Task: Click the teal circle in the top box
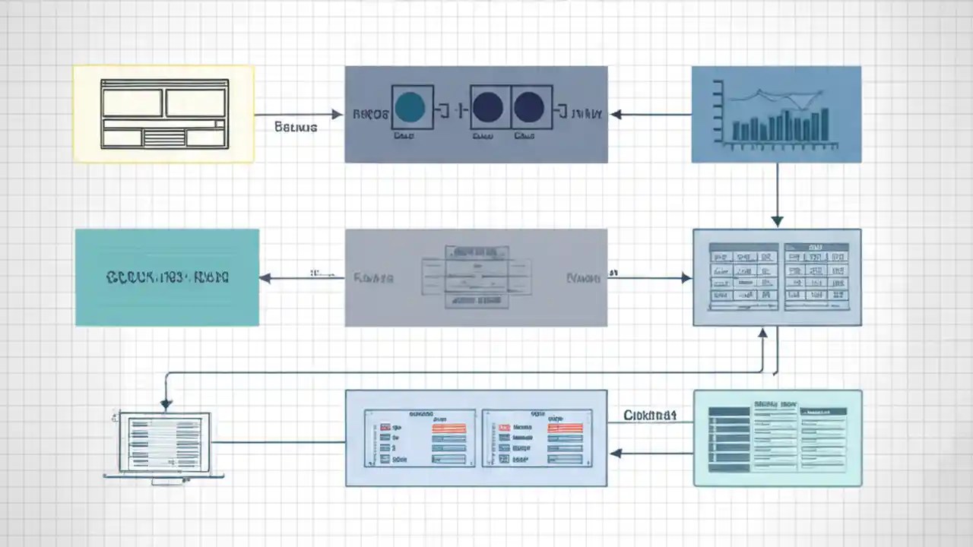click(410, 107)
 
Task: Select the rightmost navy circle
click(528, 107)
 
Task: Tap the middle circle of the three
click(487, 107)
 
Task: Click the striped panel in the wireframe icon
click(164, 138)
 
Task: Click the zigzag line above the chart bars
click(775, 96)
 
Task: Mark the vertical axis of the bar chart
click(718, 114)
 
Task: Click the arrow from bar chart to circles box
click(651, 115)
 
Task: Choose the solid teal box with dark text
click(167, 277)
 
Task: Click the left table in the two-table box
click(743, 277)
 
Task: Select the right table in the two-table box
click(816, 277)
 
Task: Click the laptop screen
click(164, 442)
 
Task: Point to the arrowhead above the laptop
click(166, 404)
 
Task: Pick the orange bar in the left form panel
click(448, 428)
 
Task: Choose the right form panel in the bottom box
click(537, 438)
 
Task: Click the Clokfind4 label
click(650, 415)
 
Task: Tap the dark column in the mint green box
click(729, 439)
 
